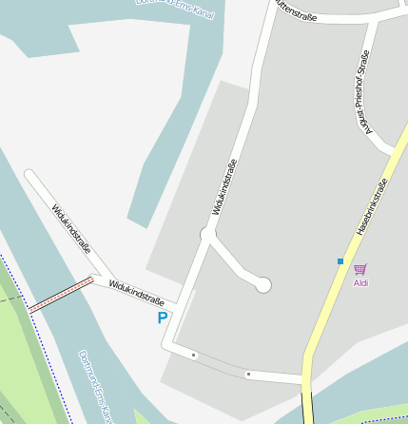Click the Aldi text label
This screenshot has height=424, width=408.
pos(360,282)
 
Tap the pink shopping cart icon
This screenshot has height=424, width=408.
pos(359,270)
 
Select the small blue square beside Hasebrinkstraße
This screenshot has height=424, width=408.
pos(340,260)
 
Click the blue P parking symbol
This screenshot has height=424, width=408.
pos(163,318)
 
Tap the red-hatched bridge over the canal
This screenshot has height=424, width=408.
pos(61,295)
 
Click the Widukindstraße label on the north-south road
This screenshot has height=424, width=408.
pos(225,185)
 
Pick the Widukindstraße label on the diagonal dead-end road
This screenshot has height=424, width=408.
pos(71,229)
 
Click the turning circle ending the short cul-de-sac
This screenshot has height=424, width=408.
pos(263,284)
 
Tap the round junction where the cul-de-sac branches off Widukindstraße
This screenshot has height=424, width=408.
pos(207,234)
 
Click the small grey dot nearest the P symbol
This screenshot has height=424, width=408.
pos(194,355)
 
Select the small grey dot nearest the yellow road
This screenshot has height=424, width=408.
pos(248,374)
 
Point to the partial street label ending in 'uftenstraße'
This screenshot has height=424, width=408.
pos(296,10)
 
